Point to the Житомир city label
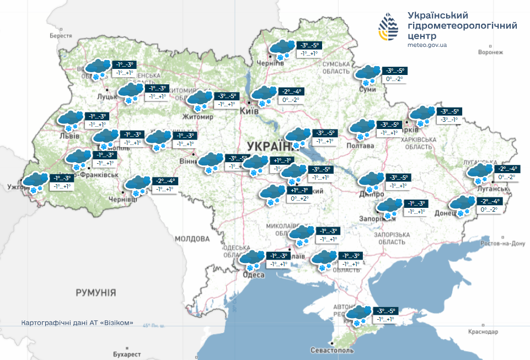point(198,117)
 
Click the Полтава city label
point(360,146)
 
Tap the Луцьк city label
point(107,96)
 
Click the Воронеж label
point(491,52)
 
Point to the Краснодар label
point(483,332)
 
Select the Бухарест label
point(121,351)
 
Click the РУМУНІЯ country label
point(96,292)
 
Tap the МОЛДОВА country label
point(192,239)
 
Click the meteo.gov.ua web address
point(427,45)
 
